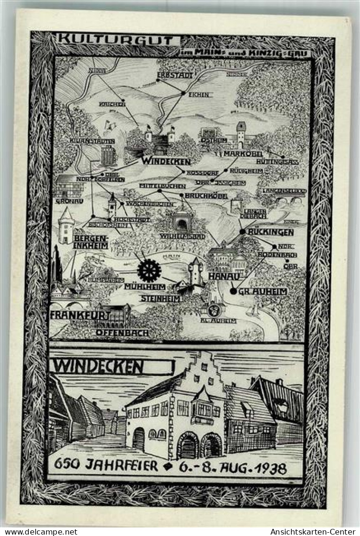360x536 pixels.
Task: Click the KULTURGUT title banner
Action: [x=118, y=39]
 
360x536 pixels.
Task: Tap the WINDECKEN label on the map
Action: [x=165, y=161]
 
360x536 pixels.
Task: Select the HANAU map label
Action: [x=221, y=275]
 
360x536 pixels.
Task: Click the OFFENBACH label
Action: [x=122, y=333]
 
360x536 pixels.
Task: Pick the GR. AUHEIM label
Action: [x=263, y=291]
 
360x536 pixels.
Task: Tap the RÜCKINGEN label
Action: [x=271, y=232]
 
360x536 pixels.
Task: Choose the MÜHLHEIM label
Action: [x=145, y=287]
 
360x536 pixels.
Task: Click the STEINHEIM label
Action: [x=161, y=299]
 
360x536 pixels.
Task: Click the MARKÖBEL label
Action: [x=243, y=154]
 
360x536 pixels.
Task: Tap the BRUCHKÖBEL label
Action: [x=206, y=196]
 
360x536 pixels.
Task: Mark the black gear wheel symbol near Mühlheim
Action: [x=149, y=270]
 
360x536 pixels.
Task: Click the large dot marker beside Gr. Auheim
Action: [x=233, y=291]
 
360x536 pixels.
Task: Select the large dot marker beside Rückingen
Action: [x=243, y=231]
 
